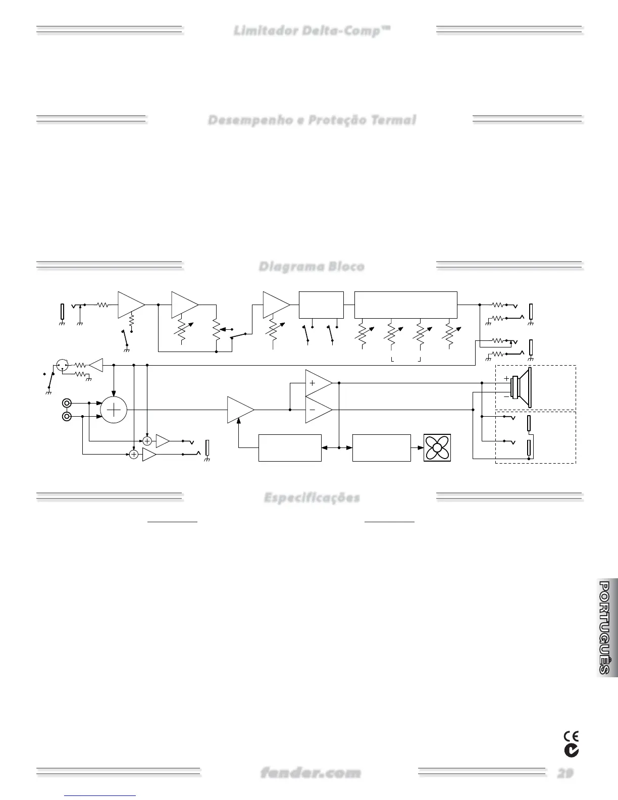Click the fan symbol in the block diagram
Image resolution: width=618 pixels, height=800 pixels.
pos(437,447)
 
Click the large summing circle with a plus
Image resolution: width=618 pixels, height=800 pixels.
pos(115,410)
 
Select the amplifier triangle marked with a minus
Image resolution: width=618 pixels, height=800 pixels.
pos(318,410)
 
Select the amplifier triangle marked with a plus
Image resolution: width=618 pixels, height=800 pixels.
pos(318,383)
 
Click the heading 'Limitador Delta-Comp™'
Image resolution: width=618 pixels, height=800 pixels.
pos(312,31)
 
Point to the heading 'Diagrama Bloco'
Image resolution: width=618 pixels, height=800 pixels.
pos(311,266)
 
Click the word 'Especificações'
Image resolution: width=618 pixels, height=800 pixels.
pos(312,497)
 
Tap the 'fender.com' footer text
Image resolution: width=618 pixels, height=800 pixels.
pos(311,773)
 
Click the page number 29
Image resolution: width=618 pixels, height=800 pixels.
pos(565,773)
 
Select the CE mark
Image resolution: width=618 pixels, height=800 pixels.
pos(571,736)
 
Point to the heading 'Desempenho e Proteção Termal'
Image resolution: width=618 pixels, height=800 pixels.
pos(312,120)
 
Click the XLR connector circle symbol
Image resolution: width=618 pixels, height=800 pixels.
pos(62,364)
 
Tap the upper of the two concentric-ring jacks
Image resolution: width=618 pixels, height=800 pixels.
pos(66,403)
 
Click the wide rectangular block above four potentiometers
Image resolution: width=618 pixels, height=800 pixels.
pos(406,305)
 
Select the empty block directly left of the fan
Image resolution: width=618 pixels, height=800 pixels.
pos(381,447)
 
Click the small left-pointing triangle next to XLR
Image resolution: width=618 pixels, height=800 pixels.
pos(96,365)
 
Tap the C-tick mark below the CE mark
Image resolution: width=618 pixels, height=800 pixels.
pos(572,751)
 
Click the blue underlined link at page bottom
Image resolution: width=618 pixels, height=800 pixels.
pos(100,796)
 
